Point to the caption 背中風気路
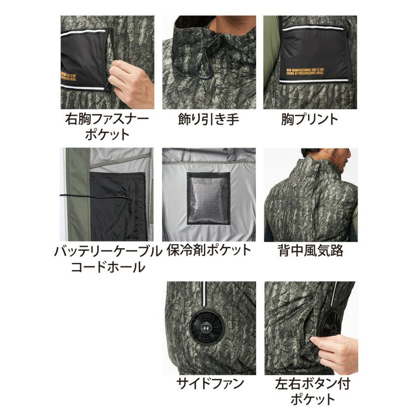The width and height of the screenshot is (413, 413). click(309, 251)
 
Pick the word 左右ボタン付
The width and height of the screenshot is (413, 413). click(309, 384)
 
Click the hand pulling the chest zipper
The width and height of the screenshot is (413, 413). click(132, 83)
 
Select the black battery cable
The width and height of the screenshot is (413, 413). click(93, 196)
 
